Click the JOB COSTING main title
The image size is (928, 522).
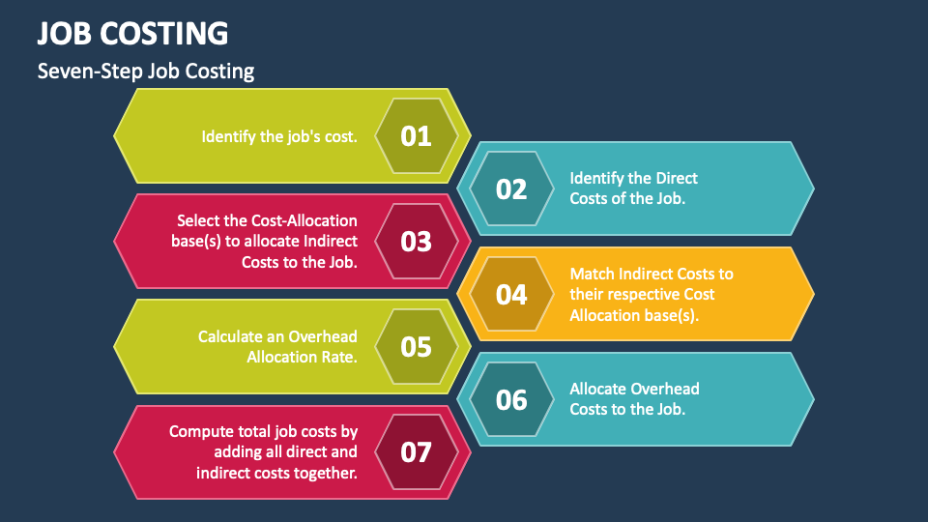click(x=133, y=34)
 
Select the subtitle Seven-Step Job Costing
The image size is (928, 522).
click(x=146, y=72)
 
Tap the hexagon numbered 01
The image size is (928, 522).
click(x=416, y=136)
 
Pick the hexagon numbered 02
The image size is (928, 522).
click(x=511, y=189)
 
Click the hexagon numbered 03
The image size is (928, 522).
click(x=416, y=242)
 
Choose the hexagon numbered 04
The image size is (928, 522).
click(x=511, y=295)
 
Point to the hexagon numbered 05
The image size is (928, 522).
click(x=416, y=347)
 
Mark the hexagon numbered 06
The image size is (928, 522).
click(x=511, y=400)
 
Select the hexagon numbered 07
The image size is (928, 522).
click(x=416, y=452)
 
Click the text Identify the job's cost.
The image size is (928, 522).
click(x=279, y=136)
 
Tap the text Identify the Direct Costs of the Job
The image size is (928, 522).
click(x=633, y=188)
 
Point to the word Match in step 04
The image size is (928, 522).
click(x=592, y=274)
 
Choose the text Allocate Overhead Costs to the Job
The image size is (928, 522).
click(x=634, y=399)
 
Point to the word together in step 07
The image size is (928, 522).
click(x=324, y=473)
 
